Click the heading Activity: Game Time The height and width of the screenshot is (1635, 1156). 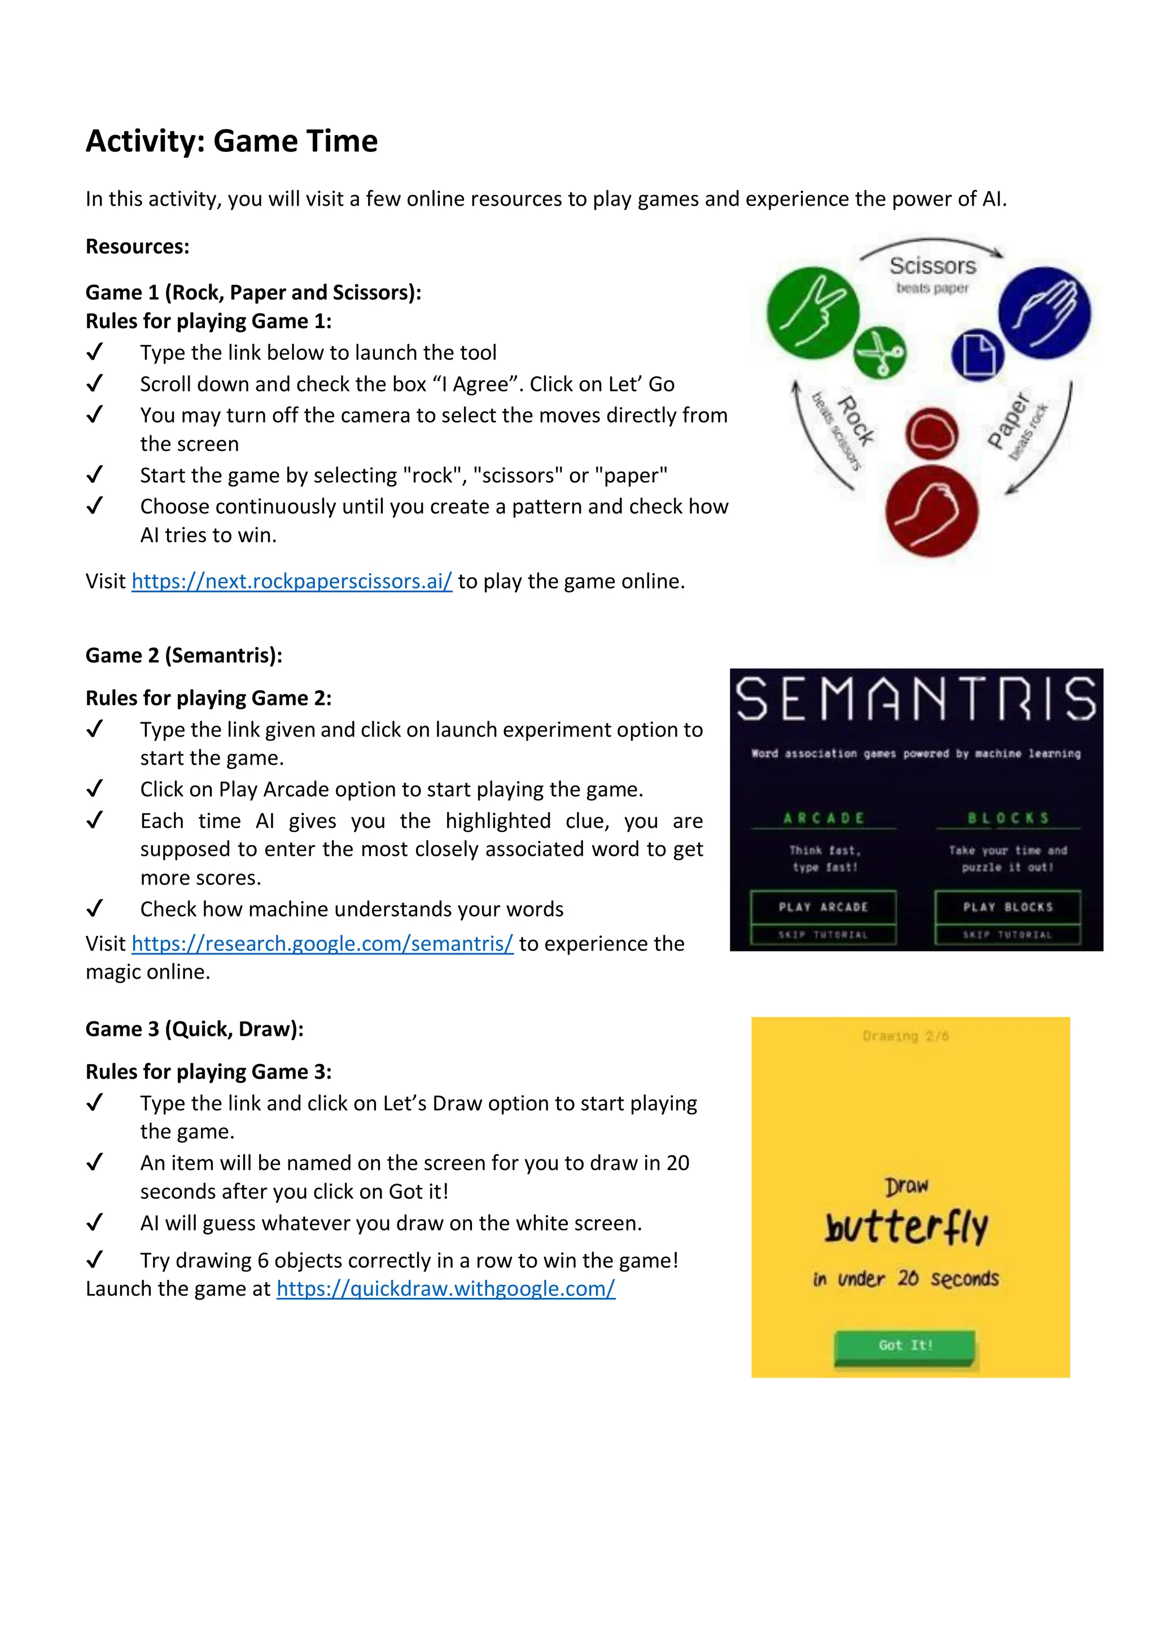click(x=231, y=141)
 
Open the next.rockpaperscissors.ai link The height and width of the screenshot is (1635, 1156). click(x=292, y=581)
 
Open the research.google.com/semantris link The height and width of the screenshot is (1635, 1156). click(x=322, y=944)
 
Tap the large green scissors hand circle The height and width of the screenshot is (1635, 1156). click(x=812, y=313)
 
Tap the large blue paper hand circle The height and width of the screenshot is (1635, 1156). click(x=1044, y=313)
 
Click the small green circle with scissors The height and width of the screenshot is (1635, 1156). click(x=880, y=352)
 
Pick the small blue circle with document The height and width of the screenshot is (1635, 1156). click(x=977, y=355)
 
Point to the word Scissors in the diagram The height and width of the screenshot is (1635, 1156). click(x=932, y=265)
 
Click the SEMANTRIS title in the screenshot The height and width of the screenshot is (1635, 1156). click(x=916, y=699)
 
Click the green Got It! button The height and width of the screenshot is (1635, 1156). click(x=905, y=1345)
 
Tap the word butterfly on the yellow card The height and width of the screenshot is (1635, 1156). click(x=906, y=1227)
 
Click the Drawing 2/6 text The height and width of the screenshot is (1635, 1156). click(x=905, y=1036)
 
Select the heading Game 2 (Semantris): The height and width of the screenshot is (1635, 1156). click(x=183, y=655)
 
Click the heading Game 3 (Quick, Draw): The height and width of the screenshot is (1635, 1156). click(x=194, y=1029)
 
